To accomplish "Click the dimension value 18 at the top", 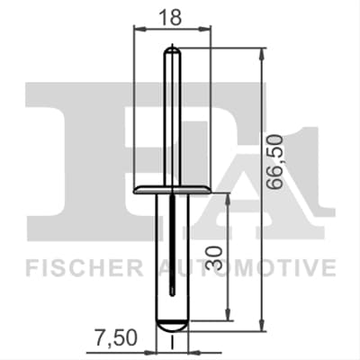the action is [x=170, y=17].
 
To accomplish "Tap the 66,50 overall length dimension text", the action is [x=275, y=162].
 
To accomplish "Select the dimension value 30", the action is [x=215, y=257].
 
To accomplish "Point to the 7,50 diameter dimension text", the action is [x=116, y=337].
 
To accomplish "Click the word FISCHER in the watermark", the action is [x=84, y=267].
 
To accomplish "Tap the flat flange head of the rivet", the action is [x=172, y=190].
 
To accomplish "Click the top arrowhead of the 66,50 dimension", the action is [x=262, y=55].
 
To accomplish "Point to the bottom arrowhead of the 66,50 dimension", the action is [x=262, y=325].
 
